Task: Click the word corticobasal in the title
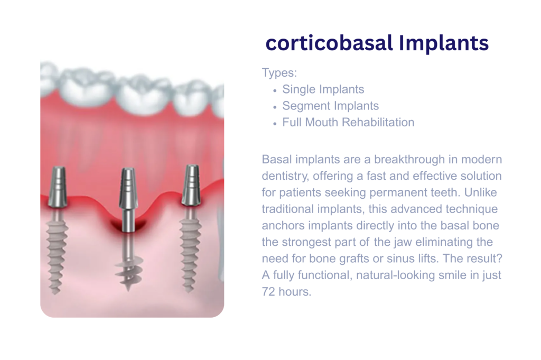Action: (x=329, y=43)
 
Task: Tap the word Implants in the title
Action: (x=444, y=43)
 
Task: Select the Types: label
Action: (x=279, y=73)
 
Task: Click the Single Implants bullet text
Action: (x=323, y=89)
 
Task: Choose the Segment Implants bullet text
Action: (x=331, y=106)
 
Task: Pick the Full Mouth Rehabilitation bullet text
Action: (x=348, y=122)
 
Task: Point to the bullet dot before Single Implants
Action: (x=275, y=91)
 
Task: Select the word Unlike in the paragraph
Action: (x=480, y=192)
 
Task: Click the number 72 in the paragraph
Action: (x=268, y=292)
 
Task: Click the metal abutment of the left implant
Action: (x=58, y=187)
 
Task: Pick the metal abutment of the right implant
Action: (x=190, y=186)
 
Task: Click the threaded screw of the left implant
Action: (x=57, y=251)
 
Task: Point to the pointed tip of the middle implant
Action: (x=128, y=289)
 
